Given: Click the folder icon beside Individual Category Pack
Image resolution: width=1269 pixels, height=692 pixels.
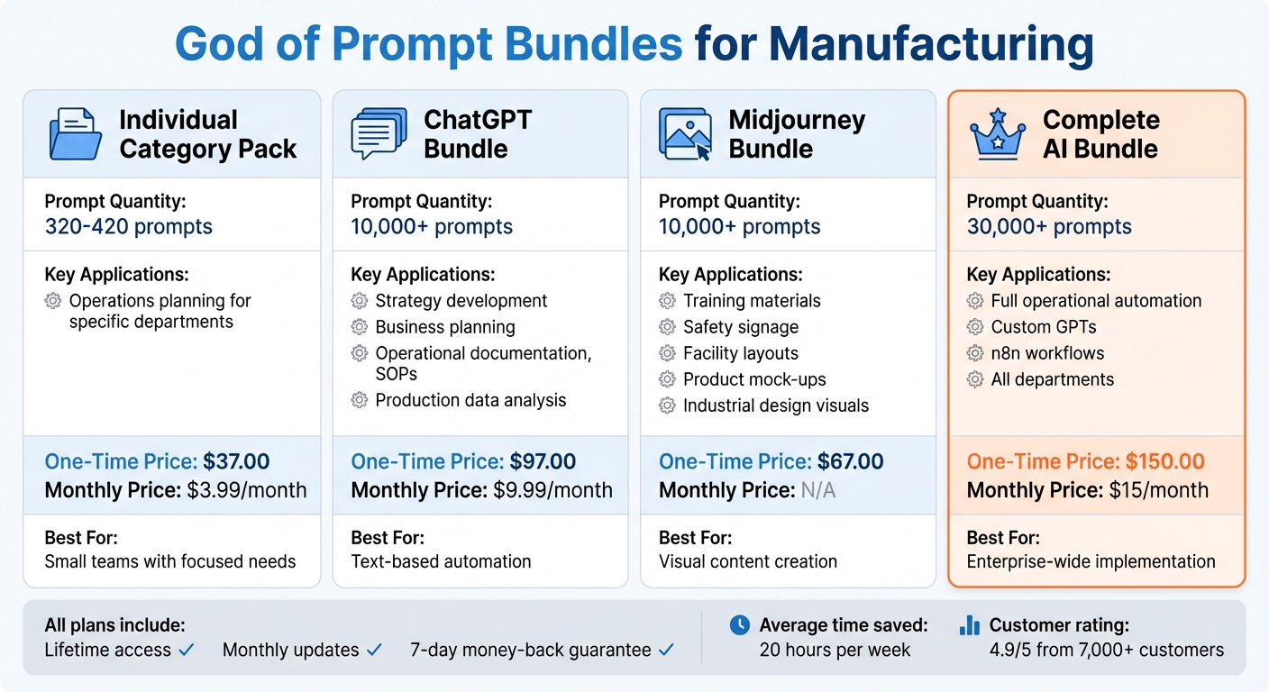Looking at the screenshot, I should click(75, 134).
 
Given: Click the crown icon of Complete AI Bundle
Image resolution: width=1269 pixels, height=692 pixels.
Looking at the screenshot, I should click(998, 133).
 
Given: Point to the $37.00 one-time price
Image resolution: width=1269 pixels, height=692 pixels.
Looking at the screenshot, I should click(236, 462).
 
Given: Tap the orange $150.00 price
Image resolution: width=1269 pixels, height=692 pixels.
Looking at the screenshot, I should click(1165, 462).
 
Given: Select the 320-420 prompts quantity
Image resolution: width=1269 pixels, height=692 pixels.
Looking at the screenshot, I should click(129, 226).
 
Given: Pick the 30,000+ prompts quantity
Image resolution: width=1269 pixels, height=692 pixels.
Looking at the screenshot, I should click(1049, 226).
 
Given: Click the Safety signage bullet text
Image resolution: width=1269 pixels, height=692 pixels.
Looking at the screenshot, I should click(741, 327).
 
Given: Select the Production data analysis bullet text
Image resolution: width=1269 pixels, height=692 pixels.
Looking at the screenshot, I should click(470, 400).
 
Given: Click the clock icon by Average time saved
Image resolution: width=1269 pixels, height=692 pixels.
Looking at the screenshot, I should click(739, 624).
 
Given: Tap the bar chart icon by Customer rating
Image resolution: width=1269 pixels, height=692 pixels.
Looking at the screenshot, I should click(970, 624).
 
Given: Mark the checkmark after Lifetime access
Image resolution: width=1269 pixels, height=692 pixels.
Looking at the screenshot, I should click(187, 650).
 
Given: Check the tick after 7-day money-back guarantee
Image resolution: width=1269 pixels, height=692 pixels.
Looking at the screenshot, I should click(666, 650).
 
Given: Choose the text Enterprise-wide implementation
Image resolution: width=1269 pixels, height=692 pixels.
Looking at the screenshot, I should click(1091, 561).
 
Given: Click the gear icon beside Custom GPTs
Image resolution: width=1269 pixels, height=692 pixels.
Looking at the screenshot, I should click(974, 327).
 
